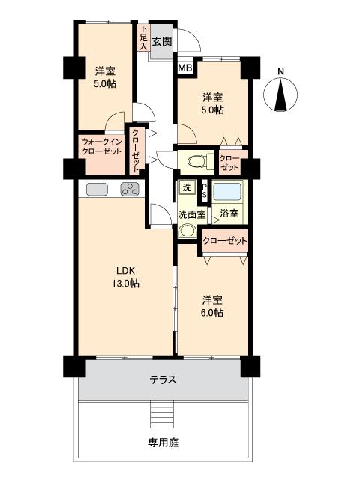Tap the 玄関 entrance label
click(x=162, y=42)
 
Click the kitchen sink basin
click(x=98, y=189)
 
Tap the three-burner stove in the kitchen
click(x=130, y=189)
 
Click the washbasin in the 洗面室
click(x=185, y=231)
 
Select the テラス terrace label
click(x=163, y=379)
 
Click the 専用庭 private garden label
click(x=163, y=442)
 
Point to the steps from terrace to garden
click(x=163, y=412)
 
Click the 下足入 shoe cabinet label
click(x=142, y=38)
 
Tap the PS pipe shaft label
click(x=205, y=191)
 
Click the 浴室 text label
click(x=229, y=214)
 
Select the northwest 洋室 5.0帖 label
click(x=105, y=76)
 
